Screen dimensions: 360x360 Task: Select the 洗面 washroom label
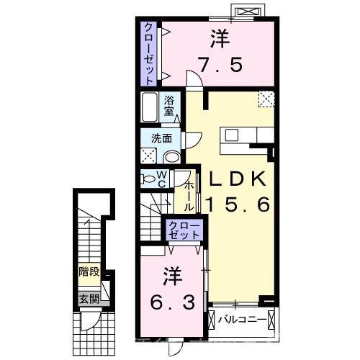(x=161, y=138)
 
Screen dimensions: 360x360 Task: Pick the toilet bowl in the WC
(x=147, y=179)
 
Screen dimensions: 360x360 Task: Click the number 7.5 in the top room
(x=220, y=63)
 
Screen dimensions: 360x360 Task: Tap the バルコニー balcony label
(x=238, y=318)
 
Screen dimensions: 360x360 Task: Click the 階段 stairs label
(x=89, y=273)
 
